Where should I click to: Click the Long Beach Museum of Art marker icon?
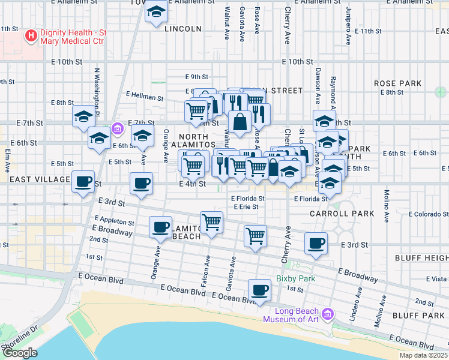pos(327,314)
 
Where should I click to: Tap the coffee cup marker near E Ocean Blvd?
pos(259,290)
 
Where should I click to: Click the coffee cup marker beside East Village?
pos(83,181)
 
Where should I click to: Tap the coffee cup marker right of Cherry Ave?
pos(316,243)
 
